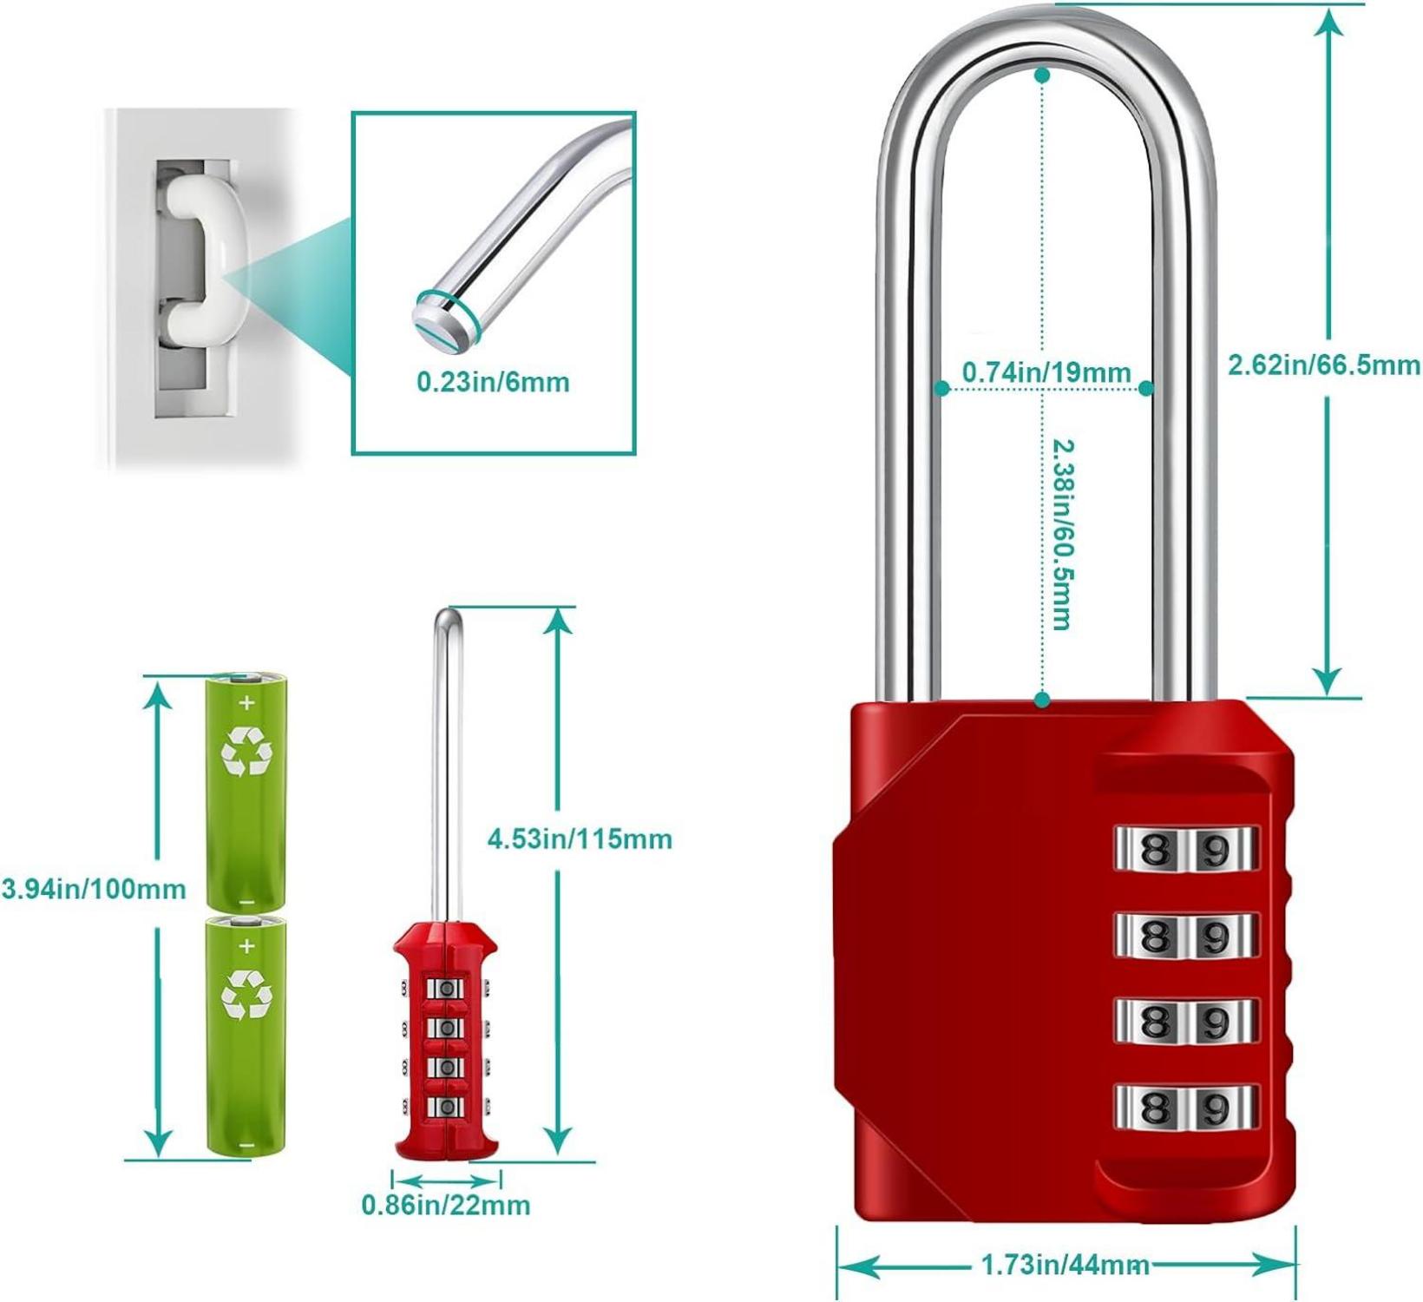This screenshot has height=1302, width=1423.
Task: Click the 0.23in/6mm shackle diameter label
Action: click(493, 382)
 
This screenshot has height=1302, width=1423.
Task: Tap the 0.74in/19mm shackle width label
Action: click(1046, 372)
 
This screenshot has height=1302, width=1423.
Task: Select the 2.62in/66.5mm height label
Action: click(1323, 365)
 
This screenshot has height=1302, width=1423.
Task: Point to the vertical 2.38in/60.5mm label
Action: click(1061, 534)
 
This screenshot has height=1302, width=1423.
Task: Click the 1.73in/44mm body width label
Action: click(1066, 1264)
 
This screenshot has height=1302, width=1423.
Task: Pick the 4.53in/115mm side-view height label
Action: click(580, 838)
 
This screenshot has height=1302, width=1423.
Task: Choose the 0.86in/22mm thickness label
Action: click(445, 1205)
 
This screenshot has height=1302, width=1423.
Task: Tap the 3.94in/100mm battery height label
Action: click(94, 889)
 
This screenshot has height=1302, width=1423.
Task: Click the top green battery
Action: click(246, 790)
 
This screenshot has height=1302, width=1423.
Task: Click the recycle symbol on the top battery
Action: click(246, 752)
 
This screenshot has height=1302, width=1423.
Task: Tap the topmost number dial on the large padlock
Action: click(1186, 849)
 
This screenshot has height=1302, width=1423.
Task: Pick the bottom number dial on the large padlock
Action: click(1186, 1107)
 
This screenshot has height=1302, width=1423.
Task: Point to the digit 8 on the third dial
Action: click(1153, 1021)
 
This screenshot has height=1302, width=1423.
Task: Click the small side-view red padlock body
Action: click(446, 1040)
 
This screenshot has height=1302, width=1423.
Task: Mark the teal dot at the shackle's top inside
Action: click(1042, 76)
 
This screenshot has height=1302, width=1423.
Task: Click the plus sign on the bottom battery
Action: click(247, 945)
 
